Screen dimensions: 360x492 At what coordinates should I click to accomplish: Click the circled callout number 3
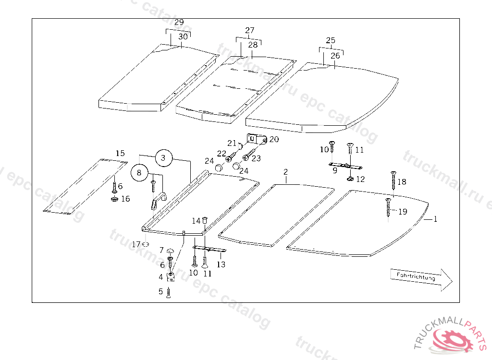(163, 157)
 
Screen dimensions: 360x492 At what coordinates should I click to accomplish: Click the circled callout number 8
(139, 173)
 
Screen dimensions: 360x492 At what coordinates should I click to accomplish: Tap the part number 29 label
(179, 23)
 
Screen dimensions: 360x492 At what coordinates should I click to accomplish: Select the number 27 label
(250, 31)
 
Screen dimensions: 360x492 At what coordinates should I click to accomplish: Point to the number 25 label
(331, 40)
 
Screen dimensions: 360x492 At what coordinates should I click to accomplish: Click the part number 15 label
(120, 154)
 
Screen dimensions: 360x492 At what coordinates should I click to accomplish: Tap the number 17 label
(136, 244)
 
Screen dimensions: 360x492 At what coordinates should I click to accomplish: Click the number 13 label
(221, 264)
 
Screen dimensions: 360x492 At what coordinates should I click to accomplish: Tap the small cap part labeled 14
(204, 220)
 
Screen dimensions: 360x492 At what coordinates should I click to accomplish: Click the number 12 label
(360, 179)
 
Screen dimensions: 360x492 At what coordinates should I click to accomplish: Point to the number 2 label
(285, 172)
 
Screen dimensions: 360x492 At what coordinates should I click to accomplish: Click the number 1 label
(435, 219)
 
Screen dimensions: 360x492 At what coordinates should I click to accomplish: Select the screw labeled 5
(169, 293)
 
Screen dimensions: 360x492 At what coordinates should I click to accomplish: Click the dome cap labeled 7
(170, 251)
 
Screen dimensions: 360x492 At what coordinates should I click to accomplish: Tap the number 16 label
(125, 199)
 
